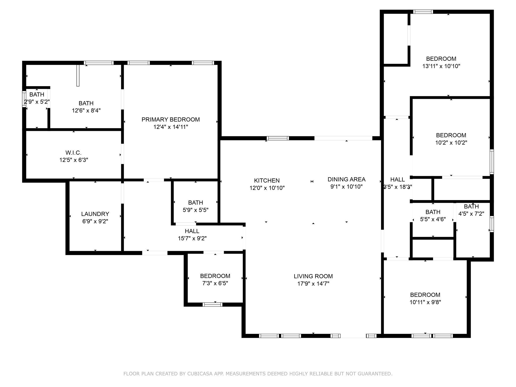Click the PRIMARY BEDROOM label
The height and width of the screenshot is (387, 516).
(x=171, y=119)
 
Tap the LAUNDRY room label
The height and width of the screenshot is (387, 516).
(x=95, y=214)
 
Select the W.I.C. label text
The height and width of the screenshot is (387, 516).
(x=74, y=153)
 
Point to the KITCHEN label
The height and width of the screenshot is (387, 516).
(x=267, y=180)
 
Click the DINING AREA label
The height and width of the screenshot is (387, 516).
(x=346, y=179)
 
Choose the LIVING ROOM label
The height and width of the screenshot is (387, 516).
(x=313, y=276)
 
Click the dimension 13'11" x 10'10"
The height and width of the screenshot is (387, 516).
(x=441, y=66)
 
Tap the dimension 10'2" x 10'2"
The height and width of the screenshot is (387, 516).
(x=451, y=143)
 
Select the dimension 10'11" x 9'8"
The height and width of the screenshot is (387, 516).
(x=425, y=302)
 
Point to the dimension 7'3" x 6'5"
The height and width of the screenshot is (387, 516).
(x=215, y=283)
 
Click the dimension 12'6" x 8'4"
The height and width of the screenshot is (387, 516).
(x=86, y=110)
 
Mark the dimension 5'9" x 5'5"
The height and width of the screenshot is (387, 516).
(x=196, y=210)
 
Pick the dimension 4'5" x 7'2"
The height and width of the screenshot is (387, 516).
(x=471, y=214)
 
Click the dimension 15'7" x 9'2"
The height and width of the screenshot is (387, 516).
(x=192, y=238)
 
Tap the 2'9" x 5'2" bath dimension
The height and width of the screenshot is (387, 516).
(x=37, y=102)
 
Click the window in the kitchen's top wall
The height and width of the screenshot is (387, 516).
(x=278, y=138)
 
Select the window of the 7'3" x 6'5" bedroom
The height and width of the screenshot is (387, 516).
(x=212, y=304)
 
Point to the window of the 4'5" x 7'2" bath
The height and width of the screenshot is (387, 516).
(x=492, y=224)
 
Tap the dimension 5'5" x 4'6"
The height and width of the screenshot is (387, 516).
(x=433, y=219)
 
